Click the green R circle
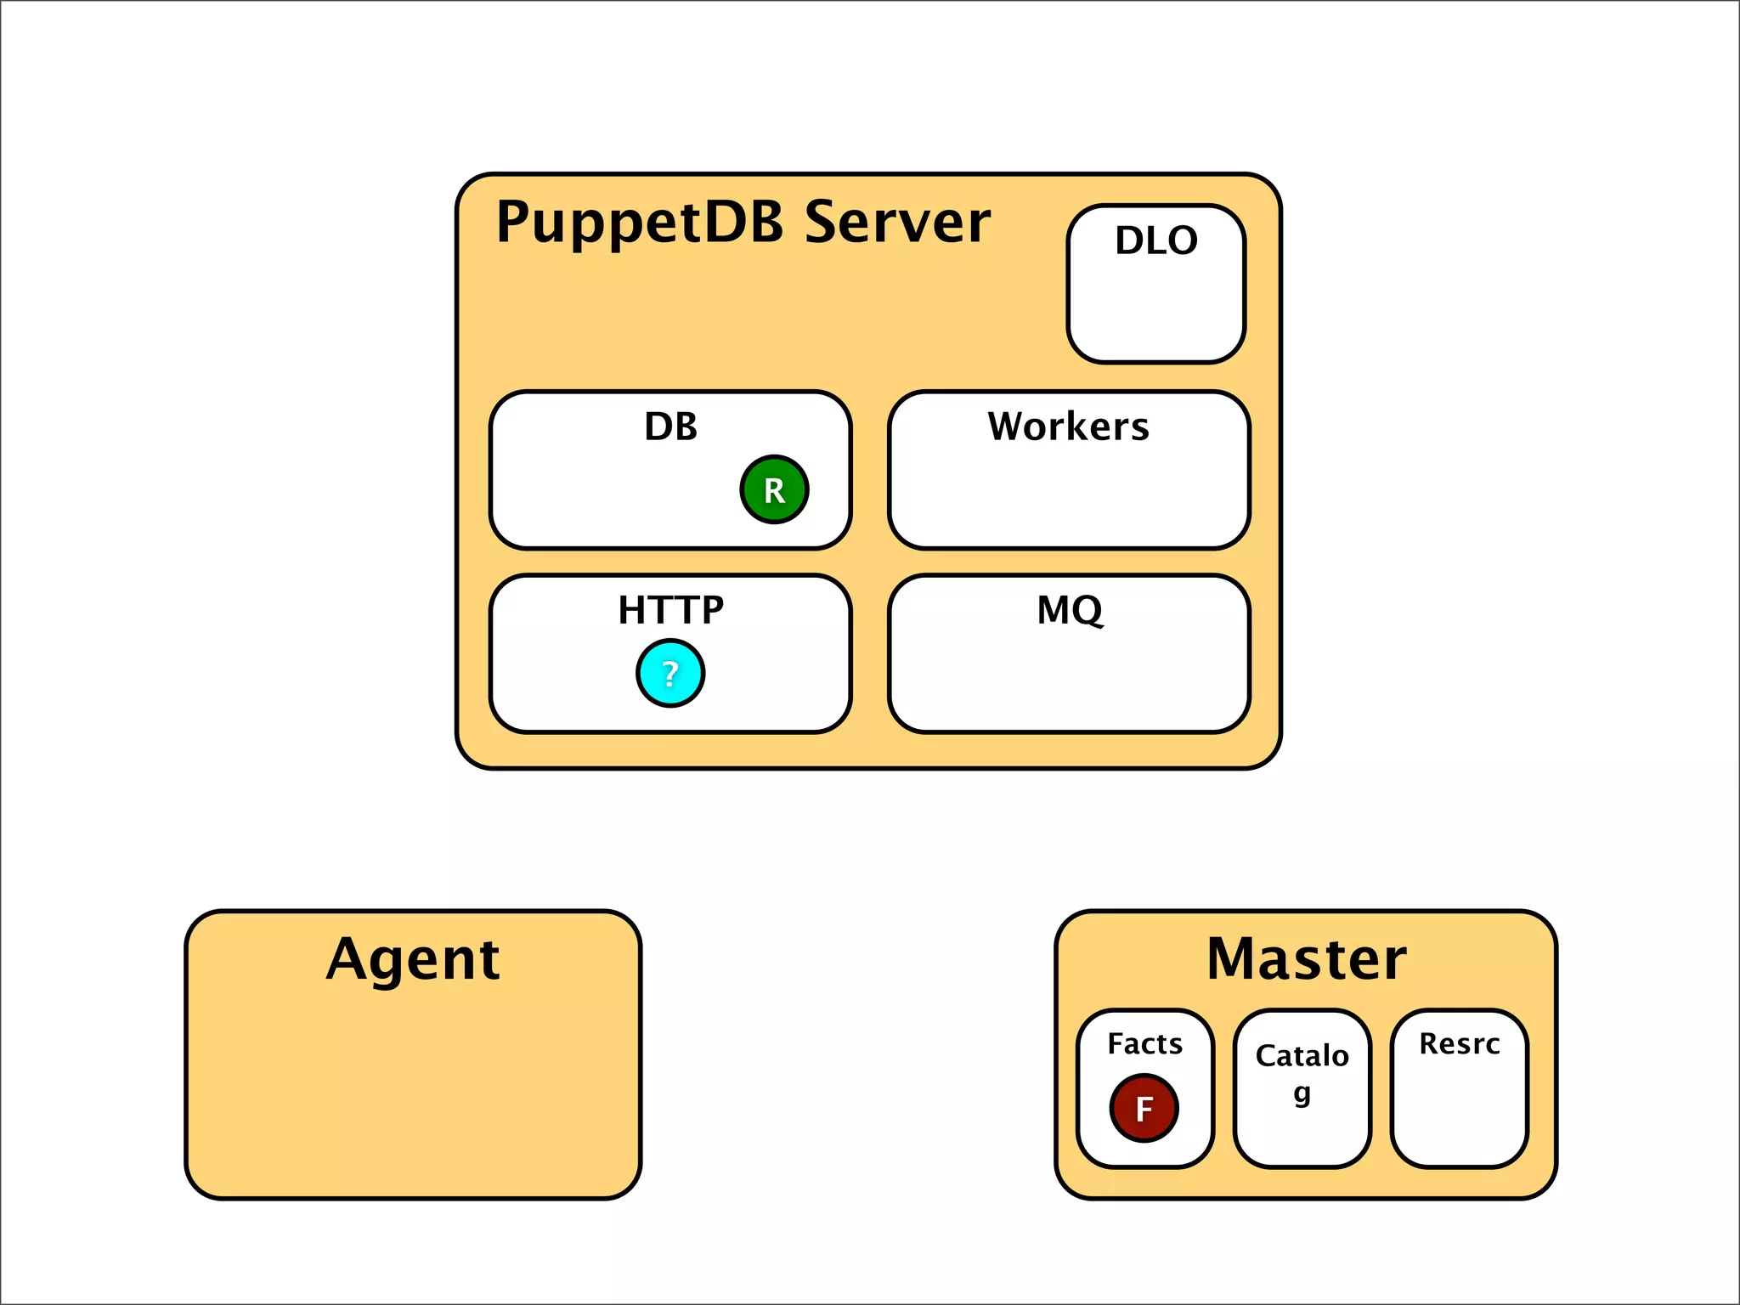[x=774, y=489]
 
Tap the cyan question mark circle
[x=670, y=674]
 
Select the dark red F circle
[x=1144, y=1108]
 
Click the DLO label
[x=1156, y=240]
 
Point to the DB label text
[x=670, y=427]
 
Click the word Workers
[x=1068, y=427]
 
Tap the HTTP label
[x=670, y=610]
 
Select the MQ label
[x=1070, y=610]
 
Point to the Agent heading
[x=413, y=960]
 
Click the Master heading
[x=1306, y=960]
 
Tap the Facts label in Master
[x=1144, y=1043]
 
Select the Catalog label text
[x=1302, y=1056]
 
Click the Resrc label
[x=1459, y=1043]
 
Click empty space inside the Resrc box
[x=1459, y=1117]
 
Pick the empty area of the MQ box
[x=1070, y=680]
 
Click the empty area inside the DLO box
[x=1156, y=310]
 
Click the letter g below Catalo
[x=1302, y=1093]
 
